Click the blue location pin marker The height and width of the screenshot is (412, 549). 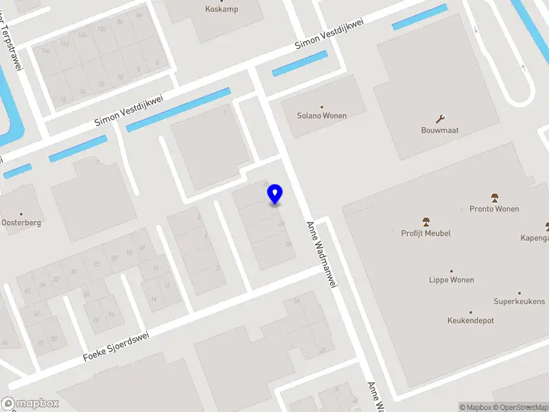coord(275,194)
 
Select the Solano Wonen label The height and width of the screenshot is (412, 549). coord(321,116)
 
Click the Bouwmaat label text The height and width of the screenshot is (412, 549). coord(440,130)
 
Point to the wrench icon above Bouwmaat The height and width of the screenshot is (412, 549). coord(440,118)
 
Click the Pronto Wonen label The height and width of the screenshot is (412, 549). coord(494,209)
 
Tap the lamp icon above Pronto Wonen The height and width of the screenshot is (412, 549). coord(494,198)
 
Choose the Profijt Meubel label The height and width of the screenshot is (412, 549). coord(425,233)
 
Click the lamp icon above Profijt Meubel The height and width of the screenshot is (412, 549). coord(425,222)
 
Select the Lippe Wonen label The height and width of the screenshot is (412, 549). coord(452,280)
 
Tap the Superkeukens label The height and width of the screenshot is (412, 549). coord(519,301)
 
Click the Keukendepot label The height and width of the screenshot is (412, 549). coord(470,321)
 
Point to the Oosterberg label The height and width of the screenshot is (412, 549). coord(21,223)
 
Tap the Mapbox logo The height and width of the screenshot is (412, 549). coord(29,404)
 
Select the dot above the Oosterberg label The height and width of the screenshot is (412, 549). coord(21,214)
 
